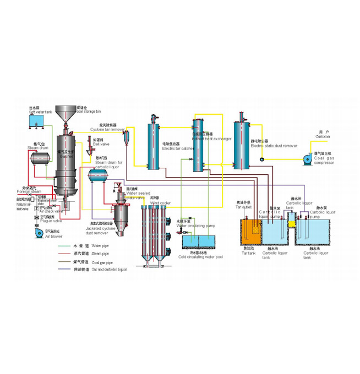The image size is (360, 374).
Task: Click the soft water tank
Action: coord(38,124)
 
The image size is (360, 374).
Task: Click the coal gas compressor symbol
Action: coord(306,160)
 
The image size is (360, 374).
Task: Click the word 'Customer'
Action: coord(323,137)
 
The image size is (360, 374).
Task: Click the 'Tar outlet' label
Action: coord(243,206)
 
